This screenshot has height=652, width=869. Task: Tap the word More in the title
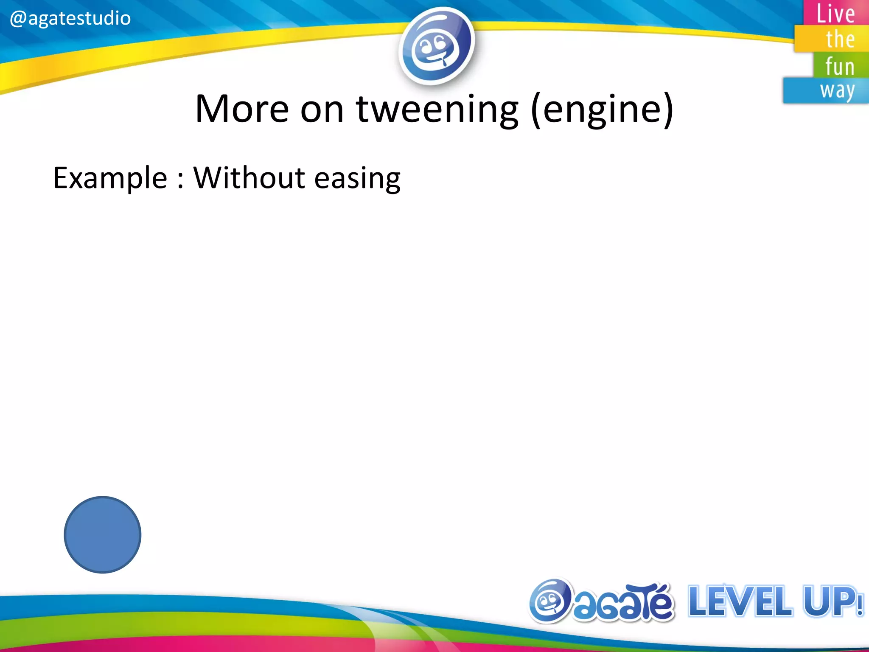242,109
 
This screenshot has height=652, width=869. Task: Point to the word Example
110,178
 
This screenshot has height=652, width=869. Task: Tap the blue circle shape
102,534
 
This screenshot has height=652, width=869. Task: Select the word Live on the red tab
835,14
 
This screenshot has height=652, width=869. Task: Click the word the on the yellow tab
840,39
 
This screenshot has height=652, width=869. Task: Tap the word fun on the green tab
839,67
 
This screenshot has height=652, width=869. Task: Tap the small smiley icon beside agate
550,601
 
